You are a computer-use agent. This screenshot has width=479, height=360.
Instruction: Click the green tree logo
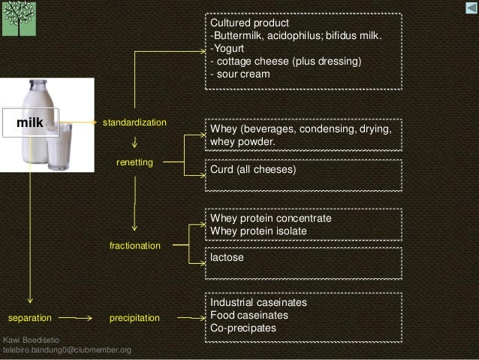click(x=18, y=18)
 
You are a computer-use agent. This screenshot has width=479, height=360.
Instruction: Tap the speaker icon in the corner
click(x=469, y=8)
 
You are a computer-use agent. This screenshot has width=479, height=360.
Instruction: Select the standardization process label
click(x=134, y=122)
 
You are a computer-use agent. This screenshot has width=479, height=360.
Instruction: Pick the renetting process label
click(x=134, y=162)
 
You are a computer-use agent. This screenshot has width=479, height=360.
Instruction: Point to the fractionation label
click(x=135, y=246)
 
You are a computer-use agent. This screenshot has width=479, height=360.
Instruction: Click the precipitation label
click(x=135, y=318)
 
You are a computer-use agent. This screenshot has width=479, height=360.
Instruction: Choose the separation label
click(x=30, y=318)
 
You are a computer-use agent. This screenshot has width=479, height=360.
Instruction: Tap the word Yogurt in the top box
click(x=228, y=49)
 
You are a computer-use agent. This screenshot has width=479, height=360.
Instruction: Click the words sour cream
click(x=243, y=74)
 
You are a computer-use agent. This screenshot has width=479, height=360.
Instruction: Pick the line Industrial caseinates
click(x=258, y=302)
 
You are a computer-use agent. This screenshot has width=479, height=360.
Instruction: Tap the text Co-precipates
click(x=243, y=328)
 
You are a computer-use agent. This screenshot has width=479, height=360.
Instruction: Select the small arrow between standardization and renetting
click(x=134, y=141)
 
